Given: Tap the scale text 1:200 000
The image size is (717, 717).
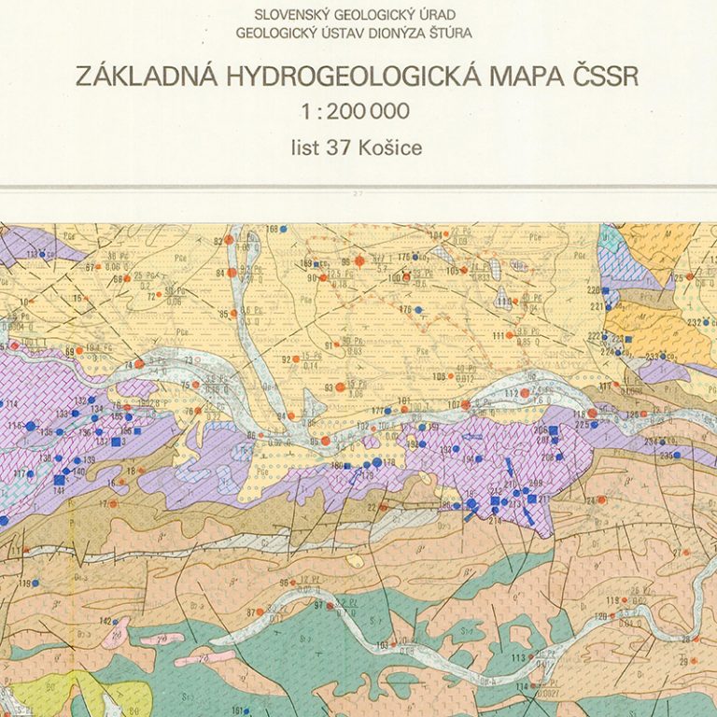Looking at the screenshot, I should (356, 111).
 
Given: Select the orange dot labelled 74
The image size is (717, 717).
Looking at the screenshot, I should (139, 363).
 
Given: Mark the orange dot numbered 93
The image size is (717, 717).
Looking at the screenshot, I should (340, 386).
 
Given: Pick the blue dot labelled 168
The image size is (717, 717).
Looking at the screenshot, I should (284, 229).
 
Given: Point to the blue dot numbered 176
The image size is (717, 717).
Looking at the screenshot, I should (417, 309).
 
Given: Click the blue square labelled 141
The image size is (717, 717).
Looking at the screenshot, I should (60, 480).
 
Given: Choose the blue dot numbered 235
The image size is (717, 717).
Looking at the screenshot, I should (679, 456).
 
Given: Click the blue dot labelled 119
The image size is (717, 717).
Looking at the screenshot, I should (35, 583).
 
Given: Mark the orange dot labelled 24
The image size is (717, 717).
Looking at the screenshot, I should (602, 499).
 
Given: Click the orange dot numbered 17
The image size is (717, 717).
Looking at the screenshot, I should (116, 503).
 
